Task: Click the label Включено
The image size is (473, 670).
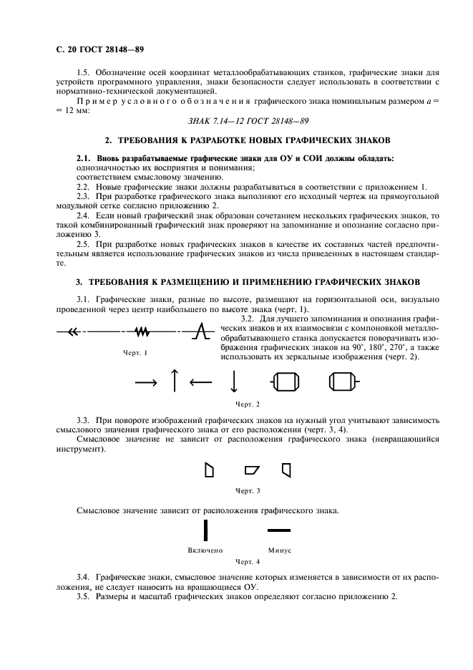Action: point(205,550)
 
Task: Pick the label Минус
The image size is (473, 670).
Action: point(279,550)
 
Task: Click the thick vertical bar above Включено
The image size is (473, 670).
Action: point(205,530)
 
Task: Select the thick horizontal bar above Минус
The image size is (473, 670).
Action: point(279,530)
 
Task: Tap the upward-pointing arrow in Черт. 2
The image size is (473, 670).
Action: point(173,380)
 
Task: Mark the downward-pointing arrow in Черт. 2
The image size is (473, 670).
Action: point(233,381)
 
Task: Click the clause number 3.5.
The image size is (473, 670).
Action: point(83,597)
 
